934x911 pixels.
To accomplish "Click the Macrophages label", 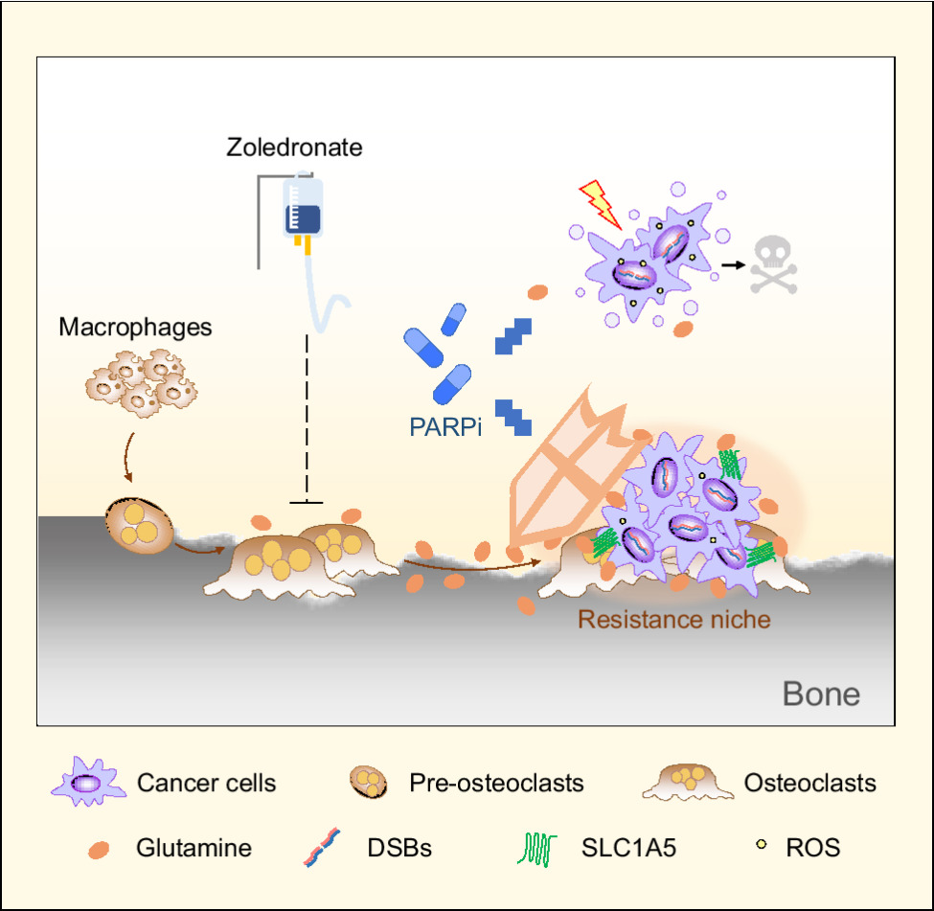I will tap(135, 327).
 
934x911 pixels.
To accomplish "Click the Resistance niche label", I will tap(673, 619).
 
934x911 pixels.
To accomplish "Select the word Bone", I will tap(821, 694).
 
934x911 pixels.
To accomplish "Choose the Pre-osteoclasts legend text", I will tap(496, 783).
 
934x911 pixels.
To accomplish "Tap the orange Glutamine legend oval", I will tap(97, 848).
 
